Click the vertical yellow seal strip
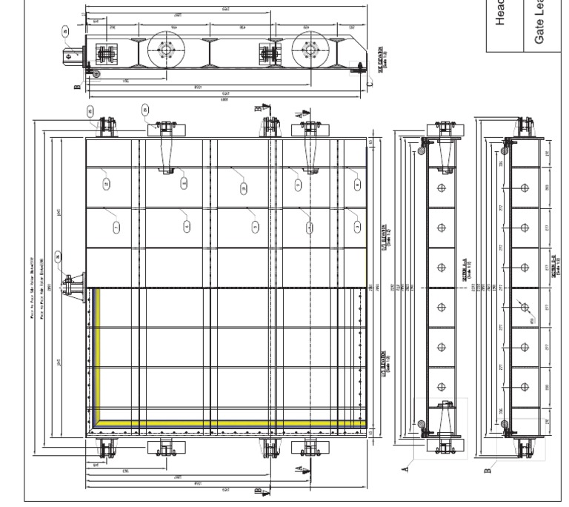(x=95, y=356)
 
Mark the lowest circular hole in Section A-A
(x=442, y=386)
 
